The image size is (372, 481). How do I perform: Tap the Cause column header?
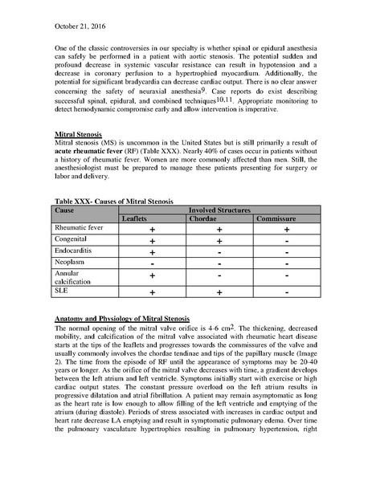click(64, 209)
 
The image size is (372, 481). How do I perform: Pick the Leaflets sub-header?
click(138, 218)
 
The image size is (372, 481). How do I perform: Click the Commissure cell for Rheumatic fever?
click(287, 229)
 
